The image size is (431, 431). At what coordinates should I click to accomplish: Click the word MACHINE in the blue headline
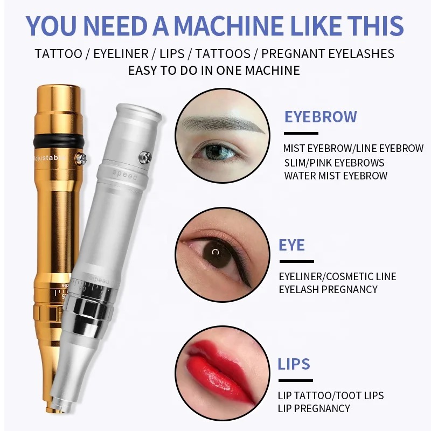228,25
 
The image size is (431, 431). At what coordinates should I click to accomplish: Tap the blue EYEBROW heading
321,117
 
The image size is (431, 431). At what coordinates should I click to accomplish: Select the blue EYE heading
291,245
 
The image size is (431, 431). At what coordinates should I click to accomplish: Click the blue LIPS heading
294,364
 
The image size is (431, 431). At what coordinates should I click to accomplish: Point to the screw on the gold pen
80,158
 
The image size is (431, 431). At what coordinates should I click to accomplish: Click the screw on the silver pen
144,157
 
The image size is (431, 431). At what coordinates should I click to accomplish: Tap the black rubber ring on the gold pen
59,141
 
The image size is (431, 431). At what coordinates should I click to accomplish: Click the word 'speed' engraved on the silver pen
124,175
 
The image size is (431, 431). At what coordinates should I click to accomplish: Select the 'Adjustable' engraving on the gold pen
49,157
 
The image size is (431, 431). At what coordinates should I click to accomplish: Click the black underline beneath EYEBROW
301,133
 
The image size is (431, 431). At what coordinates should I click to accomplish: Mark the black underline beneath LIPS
295,380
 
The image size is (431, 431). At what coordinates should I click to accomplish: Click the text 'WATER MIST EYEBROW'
336,176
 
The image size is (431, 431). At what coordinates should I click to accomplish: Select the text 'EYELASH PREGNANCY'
328,289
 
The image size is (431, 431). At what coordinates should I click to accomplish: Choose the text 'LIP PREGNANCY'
314,408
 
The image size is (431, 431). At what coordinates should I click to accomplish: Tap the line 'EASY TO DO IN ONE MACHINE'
214,71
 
